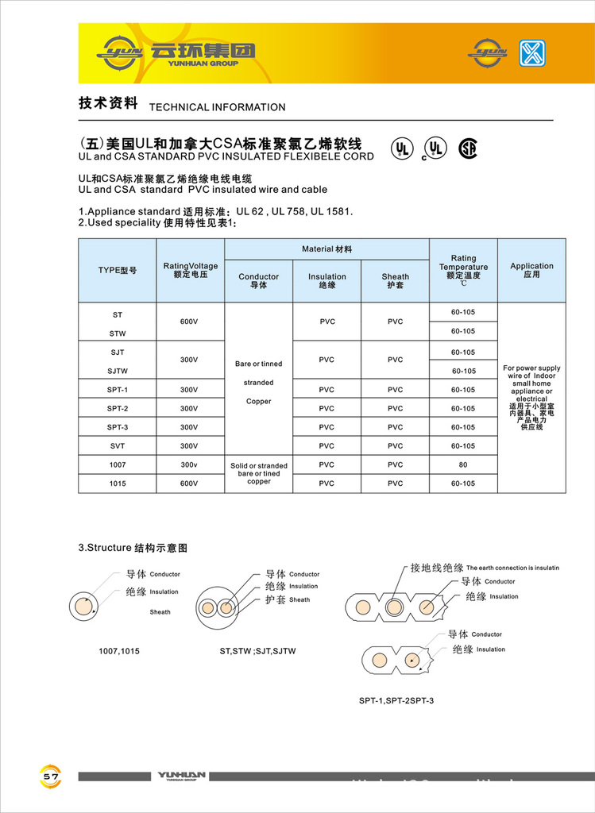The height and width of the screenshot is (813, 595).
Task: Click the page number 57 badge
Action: tap(51, 776)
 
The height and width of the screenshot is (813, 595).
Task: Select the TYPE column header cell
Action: tap(117, 270)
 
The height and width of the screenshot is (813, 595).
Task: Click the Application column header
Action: tap(531, 270)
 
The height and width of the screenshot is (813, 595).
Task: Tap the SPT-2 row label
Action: tap(117, 408)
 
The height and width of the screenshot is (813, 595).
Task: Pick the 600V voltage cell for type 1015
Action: tap(189, 483)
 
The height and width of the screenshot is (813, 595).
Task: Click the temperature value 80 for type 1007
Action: tap(463, 464)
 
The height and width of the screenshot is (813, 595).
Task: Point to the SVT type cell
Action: tap(117, 445)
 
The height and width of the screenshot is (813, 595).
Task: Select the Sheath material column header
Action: tap(395, 280)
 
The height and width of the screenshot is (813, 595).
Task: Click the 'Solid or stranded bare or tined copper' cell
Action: tap(258, 473)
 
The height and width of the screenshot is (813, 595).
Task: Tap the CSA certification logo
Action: tap(469, 148)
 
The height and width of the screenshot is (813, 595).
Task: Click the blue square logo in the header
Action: tap(532, 52)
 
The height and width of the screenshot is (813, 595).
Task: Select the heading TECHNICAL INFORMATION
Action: tap(217, 107)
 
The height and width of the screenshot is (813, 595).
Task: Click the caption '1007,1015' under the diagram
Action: tap(119, 651)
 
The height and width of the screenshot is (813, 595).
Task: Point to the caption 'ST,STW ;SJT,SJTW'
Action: tap(257, 651)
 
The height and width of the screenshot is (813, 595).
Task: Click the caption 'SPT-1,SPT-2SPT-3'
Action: tap(396, 700)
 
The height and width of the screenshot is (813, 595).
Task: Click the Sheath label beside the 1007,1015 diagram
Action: tap(160, 612)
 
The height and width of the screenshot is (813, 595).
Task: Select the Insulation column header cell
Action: tap(326, 280)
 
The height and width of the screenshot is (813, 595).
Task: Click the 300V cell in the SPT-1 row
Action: tap(189, 390)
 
